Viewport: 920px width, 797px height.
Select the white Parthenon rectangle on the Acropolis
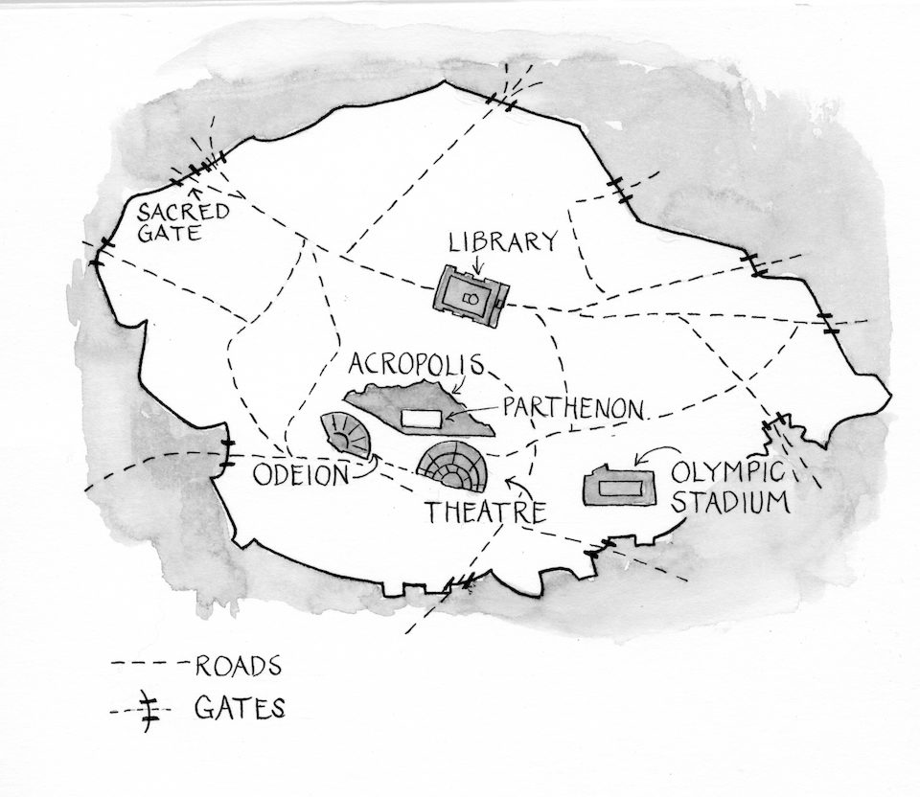coord(423,419)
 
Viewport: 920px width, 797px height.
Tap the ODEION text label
coord(299,475)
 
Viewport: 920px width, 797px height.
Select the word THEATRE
coord(486,512)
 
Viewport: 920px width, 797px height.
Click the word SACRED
coord(183,212)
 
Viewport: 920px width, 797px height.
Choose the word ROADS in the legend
coord(238,665)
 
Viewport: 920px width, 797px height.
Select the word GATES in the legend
coord(239,709)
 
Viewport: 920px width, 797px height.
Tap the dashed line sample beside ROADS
coord(149,664)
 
